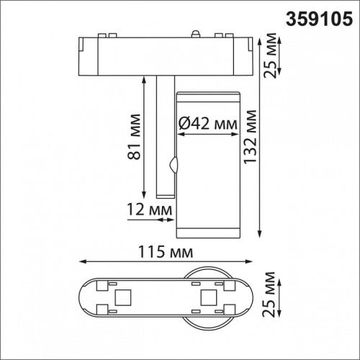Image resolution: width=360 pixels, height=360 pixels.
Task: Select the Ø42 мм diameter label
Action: [x=207, y=124]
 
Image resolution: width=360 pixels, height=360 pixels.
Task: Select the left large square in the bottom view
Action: [x=122, y=297]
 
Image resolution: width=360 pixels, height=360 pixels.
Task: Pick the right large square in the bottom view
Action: [x=210, y=297]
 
